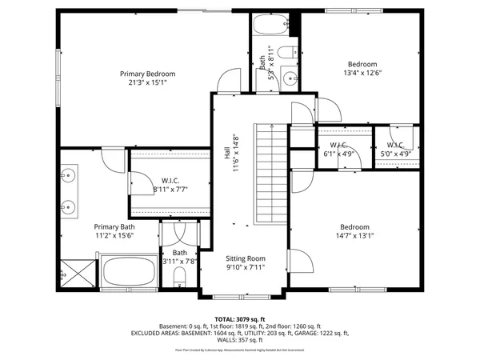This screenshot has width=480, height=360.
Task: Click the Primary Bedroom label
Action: (x=147, y=74)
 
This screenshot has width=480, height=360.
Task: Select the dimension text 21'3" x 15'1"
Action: (x=147, y=82)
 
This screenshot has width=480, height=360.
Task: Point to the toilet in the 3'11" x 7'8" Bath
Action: (x=179, y=277)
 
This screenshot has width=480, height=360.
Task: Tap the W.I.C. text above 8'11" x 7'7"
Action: (x=169, y=180)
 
